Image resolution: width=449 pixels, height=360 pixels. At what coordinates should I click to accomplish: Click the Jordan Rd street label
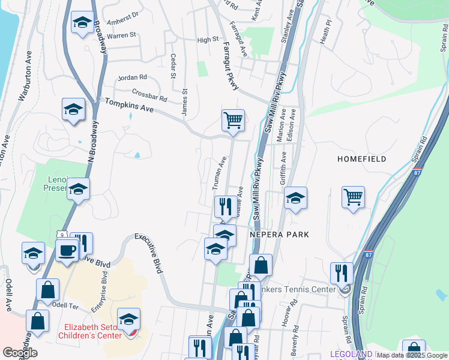[x=133, y=77]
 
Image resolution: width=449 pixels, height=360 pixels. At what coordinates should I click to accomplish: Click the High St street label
[x=208, y=40]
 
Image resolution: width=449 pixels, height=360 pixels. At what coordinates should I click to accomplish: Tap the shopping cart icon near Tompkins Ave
[x=233, y=119]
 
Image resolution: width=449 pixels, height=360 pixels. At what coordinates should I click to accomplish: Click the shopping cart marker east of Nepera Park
[x=354, y=197]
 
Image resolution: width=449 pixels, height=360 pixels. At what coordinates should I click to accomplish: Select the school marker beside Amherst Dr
[x=82, y=23]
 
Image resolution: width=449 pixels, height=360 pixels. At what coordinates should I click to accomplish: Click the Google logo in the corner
[x=20, y=353]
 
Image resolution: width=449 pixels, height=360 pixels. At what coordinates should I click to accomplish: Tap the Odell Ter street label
[x=66, y=305]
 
